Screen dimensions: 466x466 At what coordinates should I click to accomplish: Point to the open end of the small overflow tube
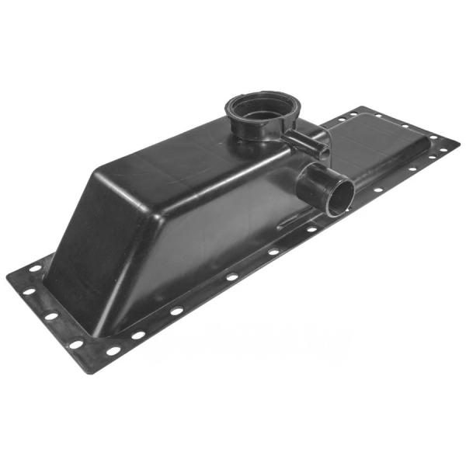(x=323, y=145)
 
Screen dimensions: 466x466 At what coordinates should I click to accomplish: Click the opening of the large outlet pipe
(x=339, y=198)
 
